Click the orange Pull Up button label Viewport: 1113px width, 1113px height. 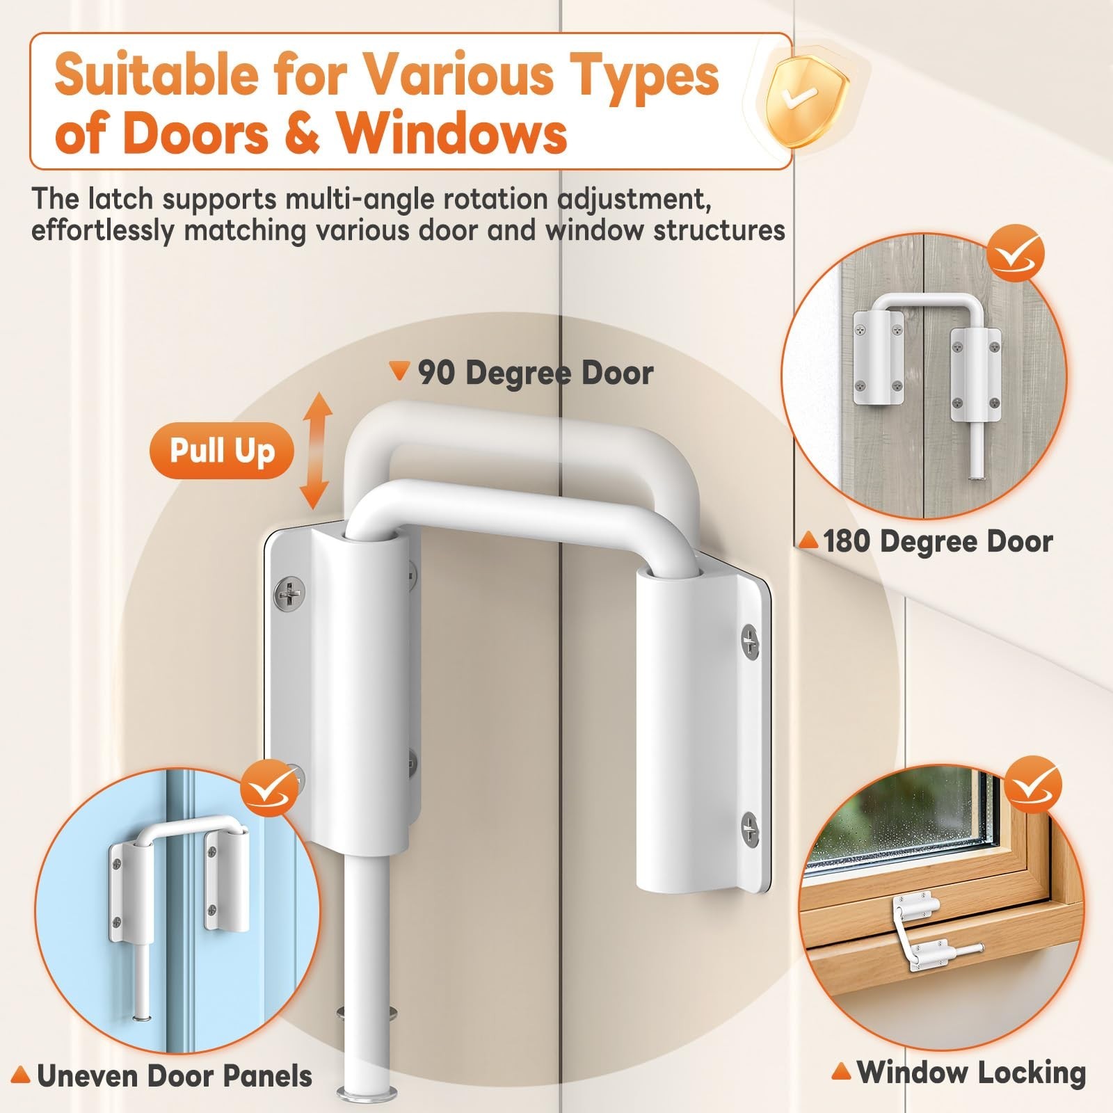(x=222, y=451)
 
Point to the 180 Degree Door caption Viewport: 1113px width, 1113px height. (x=938, y=541)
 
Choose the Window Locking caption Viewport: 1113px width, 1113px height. (x=971, y=1072)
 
